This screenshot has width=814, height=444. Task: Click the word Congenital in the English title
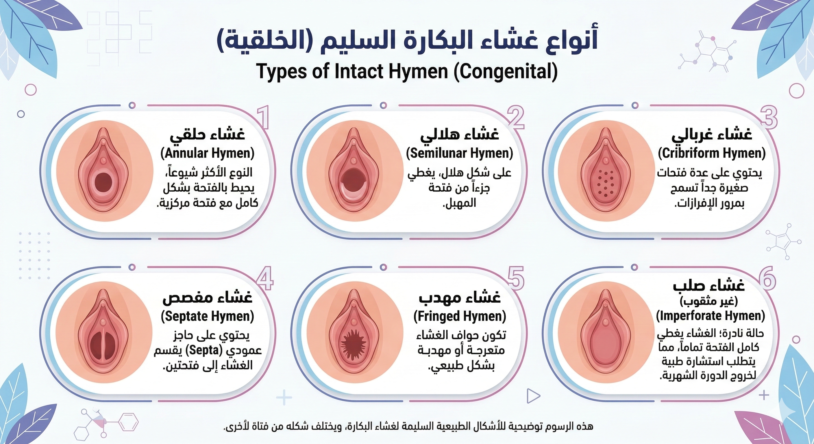pyautogui.click(x=505, y=72)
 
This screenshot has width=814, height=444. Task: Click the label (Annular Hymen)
pyautogui.click(x=207, y=154)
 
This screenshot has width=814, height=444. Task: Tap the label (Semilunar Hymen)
pyautogui.click(x=459, y=153)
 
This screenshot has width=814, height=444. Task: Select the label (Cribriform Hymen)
pyautogui.click(x=712, y=153)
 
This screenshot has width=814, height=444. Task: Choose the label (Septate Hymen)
pyautogui.click(x=207, y=316)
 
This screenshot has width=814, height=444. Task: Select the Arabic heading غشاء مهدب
pyautogui.click(x=460, y=298)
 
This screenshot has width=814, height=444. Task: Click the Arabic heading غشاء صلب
pyautogui.click(x=709, y=285)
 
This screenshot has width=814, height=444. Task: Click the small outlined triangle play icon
pyautogui.click(x=533, y=395)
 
